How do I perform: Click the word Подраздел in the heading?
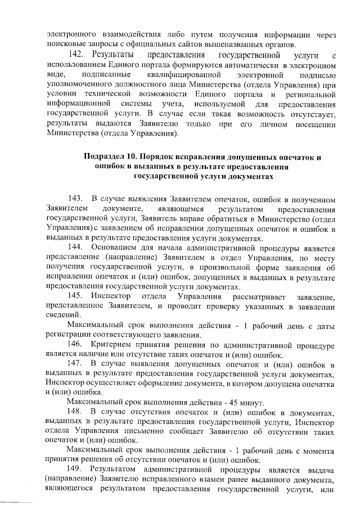(x=105, y=157)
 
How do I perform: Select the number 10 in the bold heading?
(x=134, y=157)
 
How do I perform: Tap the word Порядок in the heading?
(x=163, y=157)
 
